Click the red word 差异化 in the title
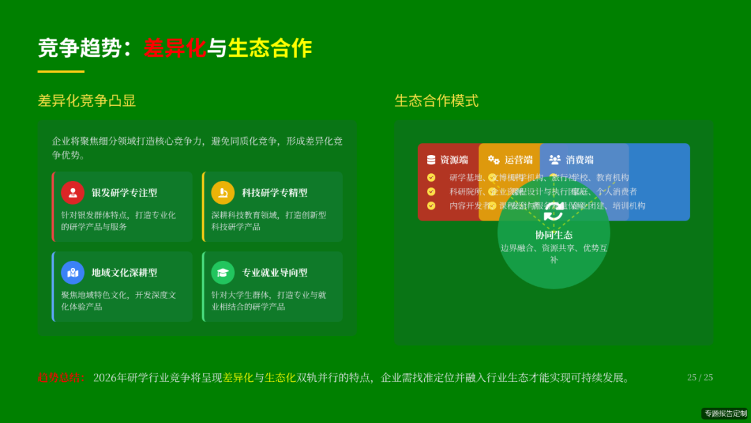[175, 48]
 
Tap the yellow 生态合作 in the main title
[270, 48]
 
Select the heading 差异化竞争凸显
[87, 101]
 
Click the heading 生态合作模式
[437, 101]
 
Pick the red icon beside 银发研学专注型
[73, 193]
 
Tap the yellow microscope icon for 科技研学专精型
[223, 193]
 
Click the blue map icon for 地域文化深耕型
[73, 273]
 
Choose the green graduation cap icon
[223, 273]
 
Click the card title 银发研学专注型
[124, 193]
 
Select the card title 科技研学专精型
[275, 193]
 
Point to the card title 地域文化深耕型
[124, 273]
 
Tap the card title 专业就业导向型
[275, 273]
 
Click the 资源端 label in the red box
[454, 160]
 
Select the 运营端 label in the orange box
[518, 160]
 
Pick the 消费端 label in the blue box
[579, 160]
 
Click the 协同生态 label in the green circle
[554, 235]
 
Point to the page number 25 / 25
[700, 377]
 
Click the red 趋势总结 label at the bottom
[60, 378]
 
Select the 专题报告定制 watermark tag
[725, 413]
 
